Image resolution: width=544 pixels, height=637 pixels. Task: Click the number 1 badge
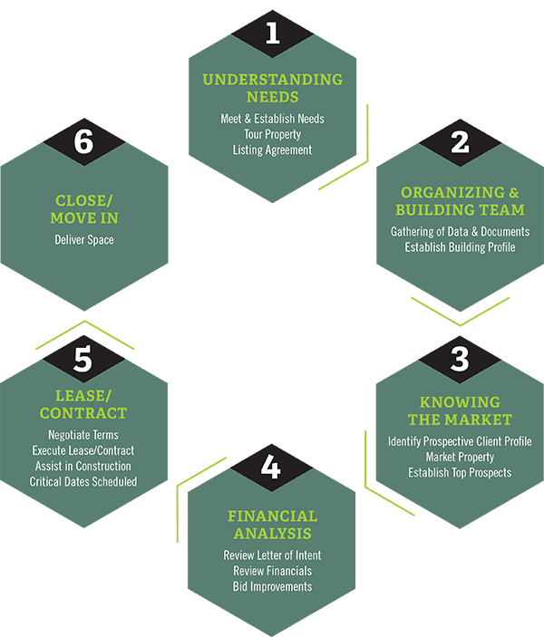(x=272, y=34)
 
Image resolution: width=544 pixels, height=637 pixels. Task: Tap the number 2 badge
(x=460, y=142)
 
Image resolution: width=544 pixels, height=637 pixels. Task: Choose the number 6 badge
(x=83, y=143)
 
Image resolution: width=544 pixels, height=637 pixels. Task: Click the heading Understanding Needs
(x=272, y=88)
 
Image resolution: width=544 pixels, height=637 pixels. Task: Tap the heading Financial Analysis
(x=272, y=525)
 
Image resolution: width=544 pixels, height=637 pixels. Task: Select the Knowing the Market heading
(x=460, y=410)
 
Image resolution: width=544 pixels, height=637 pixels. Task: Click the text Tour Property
(x=272, y=134)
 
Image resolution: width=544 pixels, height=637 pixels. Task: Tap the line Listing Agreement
(x=272, y=150)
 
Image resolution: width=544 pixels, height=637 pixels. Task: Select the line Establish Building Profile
(x=460, y=246)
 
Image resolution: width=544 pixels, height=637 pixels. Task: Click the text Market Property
(x=460, y=457)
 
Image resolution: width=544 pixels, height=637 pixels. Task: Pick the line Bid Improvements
(x=272, y=586)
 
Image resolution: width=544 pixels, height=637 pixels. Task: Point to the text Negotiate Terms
(x=83, y=435)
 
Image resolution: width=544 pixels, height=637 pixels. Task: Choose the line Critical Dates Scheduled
(x=83, y=481)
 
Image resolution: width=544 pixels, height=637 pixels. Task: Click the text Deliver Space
(x=83, y=240)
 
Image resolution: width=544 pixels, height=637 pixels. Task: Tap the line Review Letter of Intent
(x=272, y=555)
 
